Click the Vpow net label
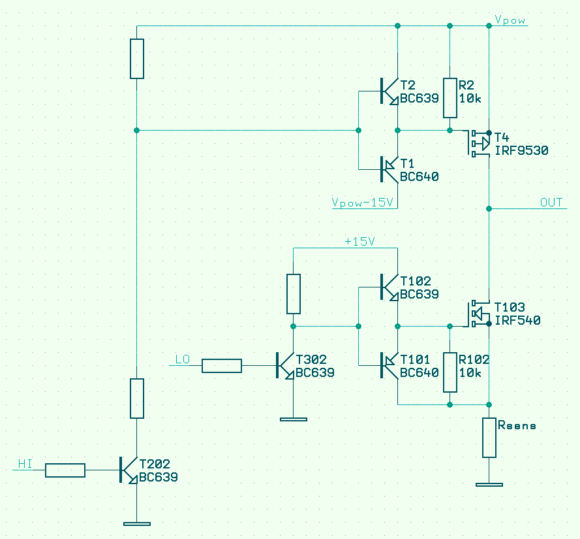click(x=510, y=20)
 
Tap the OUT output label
click(x=551, y=203)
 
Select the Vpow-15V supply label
click(x=363, y=203)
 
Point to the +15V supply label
click(x=359, y=242)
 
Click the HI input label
click(x=25, y=464)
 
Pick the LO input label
click(x=183, y=359)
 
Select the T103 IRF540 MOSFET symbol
click(x=478, y=314)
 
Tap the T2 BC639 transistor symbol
click(x=390, y=91)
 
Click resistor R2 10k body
click(x=450, y=98)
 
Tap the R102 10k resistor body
click(x=450, y=372)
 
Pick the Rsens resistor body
click(x=489, y=438)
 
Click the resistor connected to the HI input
click(x=65, y=470)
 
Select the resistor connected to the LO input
click(x=222, y=366)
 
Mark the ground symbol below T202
click(x=137, y=523)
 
